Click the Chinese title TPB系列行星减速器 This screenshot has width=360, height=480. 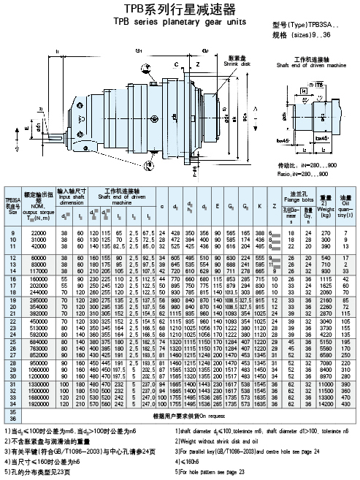coord(180,9)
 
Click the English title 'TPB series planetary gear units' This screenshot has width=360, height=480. coord(180,22)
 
